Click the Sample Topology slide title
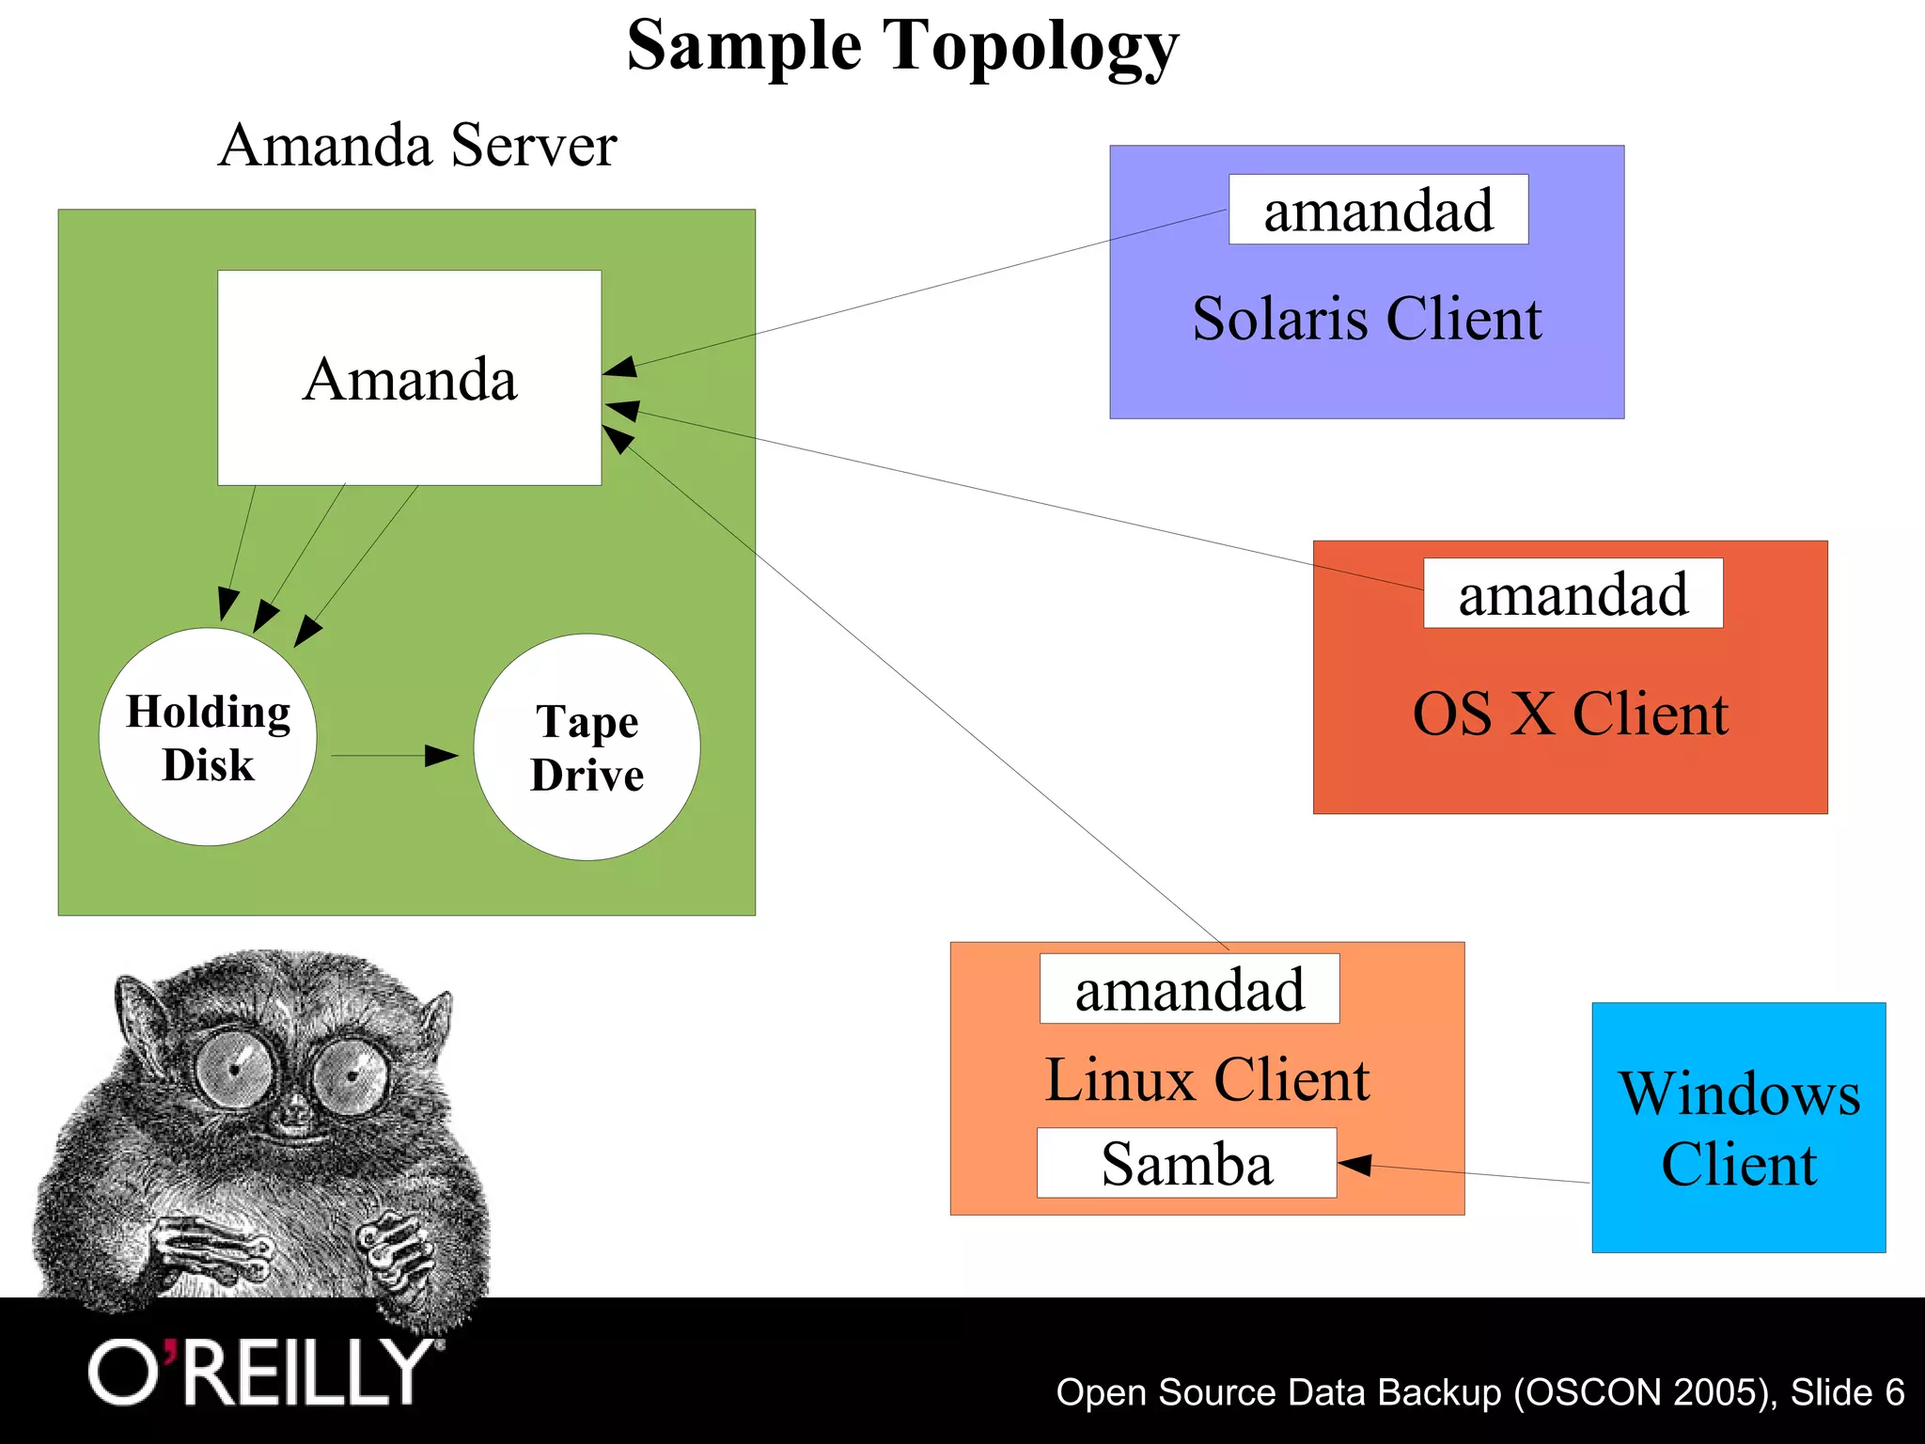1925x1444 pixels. (902, 47)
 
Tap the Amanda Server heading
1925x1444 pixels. (417, 146)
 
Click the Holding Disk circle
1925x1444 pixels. (208, 737)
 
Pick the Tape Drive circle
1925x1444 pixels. (587, 747)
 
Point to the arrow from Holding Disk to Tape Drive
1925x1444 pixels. (395, 755)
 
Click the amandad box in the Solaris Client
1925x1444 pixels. (1378, 210)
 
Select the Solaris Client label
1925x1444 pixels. (1367, 318)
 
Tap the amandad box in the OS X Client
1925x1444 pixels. (1573, 593)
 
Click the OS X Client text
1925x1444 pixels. (1570, 714)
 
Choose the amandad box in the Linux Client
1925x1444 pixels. (1189, 989)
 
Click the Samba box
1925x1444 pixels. (1186, 1163)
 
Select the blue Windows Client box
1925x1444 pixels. (1738, 1127)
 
